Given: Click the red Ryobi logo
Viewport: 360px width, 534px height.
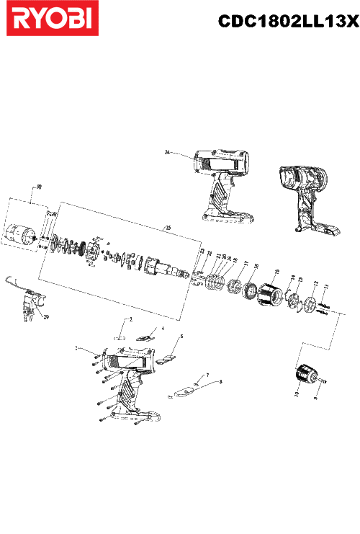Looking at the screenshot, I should coord(50,19).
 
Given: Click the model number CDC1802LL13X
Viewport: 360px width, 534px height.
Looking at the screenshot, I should coord(287,22).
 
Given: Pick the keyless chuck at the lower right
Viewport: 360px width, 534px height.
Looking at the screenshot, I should coord(307,375).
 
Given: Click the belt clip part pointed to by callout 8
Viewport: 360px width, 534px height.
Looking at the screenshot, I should coord(184,390).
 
